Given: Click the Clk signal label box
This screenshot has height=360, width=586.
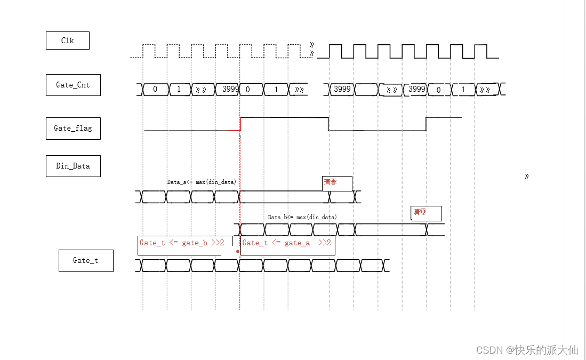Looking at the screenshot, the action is [67, 41].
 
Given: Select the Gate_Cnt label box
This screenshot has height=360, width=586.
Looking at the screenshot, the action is [73, 85].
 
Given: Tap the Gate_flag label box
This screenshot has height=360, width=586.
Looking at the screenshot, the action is [73, 128].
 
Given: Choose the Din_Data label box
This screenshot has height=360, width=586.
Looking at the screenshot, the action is [73, 166].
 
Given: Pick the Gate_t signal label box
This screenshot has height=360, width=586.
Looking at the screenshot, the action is [86, 261].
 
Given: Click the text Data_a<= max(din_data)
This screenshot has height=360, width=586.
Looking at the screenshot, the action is [202, 182].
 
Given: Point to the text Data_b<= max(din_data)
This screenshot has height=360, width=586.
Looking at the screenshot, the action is [302, 217].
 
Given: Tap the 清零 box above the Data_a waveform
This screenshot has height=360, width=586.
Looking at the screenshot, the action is [337, 183].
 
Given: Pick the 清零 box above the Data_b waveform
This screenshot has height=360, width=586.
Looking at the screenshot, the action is [426, 213].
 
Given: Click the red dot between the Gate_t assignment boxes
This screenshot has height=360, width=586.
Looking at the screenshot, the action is [237, 249].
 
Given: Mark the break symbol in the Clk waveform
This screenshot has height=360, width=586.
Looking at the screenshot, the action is [312, 50].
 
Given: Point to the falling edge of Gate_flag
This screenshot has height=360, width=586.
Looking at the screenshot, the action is [328, 124].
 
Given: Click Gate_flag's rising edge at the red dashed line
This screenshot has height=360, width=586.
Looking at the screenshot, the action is [240, 124].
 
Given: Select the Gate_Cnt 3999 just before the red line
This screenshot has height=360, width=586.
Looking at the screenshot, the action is [230, 90].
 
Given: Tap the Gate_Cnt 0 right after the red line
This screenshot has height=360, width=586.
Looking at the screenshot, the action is [248, 90].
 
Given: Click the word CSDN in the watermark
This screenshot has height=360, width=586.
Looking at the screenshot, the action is [490, 350].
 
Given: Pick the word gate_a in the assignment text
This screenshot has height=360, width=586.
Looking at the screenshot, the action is [298, 243].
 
